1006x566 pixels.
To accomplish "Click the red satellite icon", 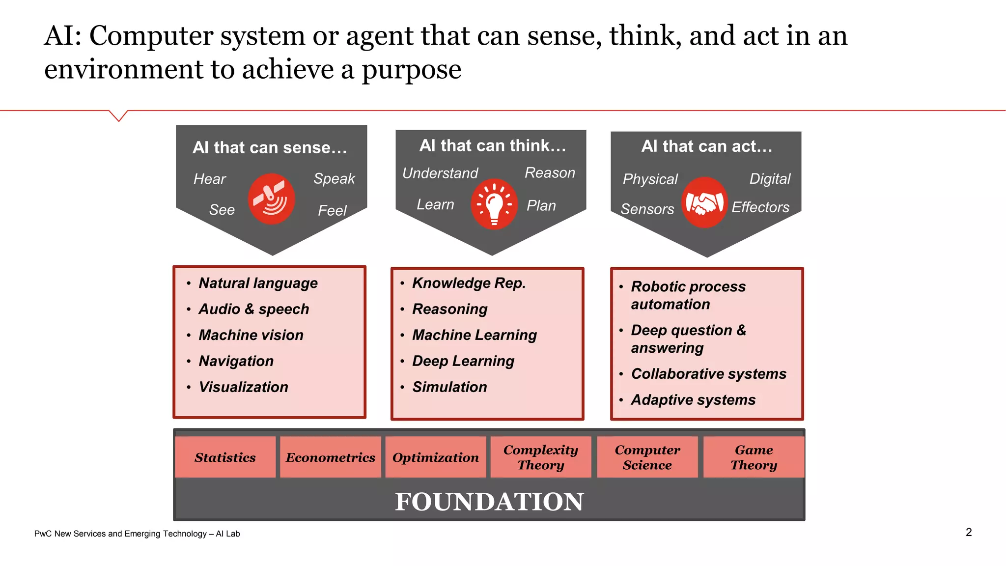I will pos(271,199).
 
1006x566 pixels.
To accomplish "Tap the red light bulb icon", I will pos(494,204).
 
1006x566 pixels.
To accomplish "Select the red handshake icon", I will pos(704,202).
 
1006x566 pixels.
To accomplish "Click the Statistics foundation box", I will pos(225,457).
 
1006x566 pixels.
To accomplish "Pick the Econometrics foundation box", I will pos(331,457).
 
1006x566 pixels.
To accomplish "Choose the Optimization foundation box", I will pos(436,457).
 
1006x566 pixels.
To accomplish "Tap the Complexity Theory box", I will pos(541,457).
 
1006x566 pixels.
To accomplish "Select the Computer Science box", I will pos(647,457).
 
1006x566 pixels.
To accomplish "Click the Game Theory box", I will pos(754,457).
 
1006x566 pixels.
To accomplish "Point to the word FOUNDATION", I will pos(489,502).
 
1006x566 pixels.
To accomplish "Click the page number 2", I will pos(969,532).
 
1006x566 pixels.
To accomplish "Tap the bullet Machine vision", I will pos(251,335).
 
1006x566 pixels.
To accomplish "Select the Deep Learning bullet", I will pos(463,361).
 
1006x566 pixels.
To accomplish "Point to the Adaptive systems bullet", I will pos(693,400).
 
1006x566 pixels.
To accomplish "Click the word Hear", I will pos(210,179).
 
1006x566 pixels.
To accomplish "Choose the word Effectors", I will pos(760,207).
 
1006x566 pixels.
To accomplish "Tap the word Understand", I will pos(440,173).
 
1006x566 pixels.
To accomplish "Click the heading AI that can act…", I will pos(707,146).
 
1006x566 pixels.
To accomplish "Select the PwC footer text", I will pos(137,534).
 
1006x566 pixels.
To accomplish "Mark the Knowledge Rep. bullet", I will pos(469,283).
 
